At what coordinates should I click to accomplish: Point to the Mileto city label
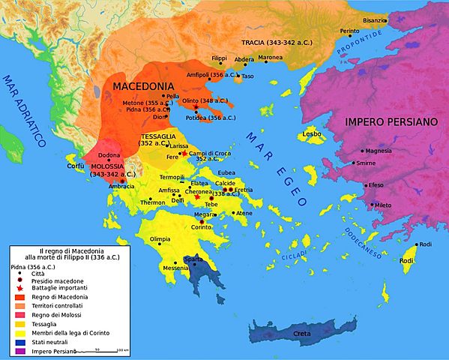[x=382, y=205]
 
